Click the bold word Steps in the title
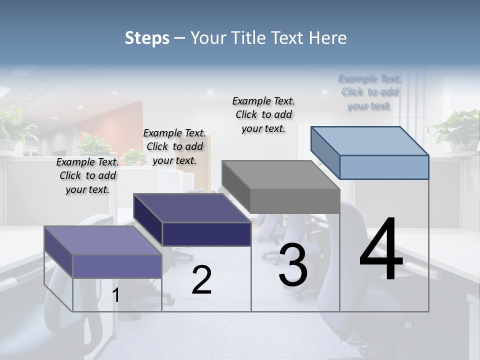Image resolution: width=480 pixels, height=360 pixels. (147, 38)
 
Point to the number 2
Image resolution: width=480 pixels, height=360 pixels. (201, 280)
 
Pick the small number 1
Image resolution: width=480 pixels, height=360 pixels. (116, 295)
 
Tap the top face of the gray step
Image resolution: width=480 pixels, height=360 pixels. (280, 175)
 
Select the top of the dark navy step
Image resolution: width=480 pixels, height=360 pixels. (192, 208)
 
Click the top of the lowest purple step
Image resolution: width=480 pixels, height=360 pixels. (103, 240)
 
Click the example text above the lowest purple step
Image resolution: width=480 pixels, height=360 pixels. (87, 175)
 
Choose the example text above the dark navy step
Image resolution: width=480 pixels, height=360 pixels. (174, 146)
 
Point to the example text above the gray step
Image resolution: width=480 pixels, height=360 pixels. (263, 114)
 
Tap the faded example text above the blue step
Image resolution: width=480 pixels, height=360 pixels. (369, 92)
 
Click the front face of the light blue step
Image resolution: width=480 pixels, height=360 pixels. (384, 167)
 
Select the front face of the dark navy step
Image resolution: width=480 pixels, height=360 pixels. (206, 234)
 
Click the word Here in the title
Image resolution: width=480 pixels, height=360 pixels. (328, 38)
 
